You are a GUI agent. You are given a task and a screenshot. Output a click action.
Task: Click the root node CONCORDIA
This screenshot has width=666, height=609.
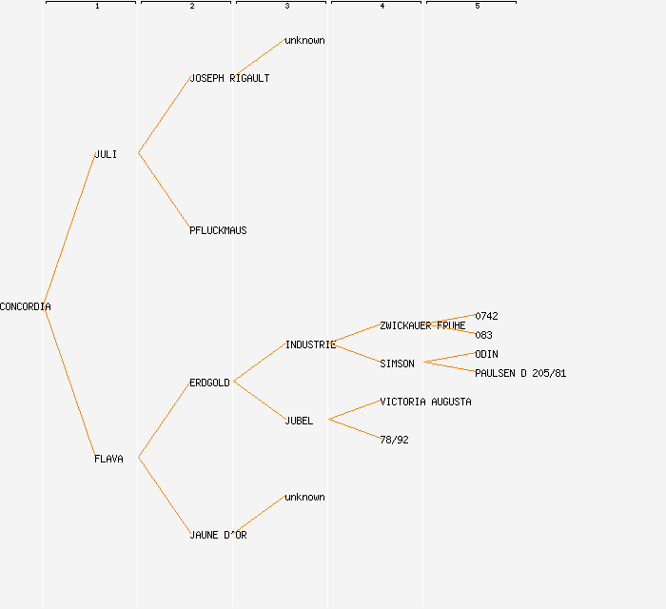[x=26, y=306]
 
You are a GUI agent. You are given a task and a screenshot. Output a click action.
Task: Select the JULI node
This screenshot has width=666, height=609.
[x=106, y=154]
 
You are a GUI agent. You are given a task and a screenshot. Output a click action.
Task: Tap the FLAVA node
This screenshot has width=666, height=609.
[x=108, y=459]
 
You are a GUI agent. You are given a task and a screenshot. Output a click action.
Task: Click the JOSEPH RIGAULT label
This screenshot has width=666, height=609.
[x=229, y=78]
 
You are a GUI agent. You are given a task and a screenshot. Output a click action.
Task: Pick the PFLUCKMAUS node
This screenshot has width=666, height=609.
[x=218, y=230]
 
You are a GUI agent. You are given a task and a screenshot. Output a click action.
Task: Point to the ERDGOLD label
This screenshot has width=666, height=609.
[x=209, y=383]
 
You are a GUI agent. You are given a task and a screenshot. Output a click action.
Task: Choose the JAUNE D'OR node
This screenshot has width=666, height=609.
[x=218, y=535]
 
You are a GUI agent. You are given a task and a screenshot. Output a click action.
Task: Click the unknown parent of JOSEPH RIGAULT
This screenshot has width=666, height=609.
[x=304, y=40]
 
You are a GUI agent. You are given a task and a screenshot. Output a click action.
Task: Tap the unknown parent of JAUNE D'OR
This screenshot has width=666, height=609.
[x=304, y=497]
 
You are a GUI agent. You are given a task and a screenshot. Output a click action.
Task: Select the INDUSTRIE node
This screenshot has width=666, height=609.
[x=310, y=344]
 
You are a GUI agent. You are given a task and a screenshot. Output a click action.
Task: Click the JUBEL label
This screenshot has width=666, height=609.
[x=299, y=421]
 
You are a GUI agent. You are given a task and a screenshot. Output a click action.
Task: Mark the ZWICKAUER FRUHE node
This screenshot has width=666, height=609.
[x=422, y=325]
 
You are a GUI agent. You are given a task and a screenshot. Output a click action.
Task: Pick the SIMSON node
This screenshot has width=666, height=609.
[x=397, y=363]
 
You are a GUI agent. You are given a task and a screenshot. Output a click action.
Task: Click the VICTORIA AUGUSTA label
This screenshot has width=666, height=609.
[x=425, y=402]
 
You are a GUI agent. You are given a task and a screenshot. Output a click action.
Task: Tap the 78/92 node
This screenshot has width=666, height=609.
[x=394, y=440]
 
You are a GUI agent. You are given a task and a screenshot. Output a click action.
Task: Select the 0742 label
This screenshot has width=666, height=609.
[x=486, y=316]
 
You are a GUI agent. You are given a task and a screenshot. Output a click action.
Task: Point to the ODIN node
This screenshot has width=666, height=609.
[x=486, y=354]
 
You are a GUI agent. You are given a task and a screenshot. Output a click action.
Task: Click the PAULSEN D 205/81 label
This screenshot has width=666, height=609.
[x=520, y=373]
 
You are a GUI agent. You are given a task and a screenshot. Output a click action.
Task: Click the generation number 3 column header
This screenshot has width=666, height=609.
[x=286, y=7]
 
